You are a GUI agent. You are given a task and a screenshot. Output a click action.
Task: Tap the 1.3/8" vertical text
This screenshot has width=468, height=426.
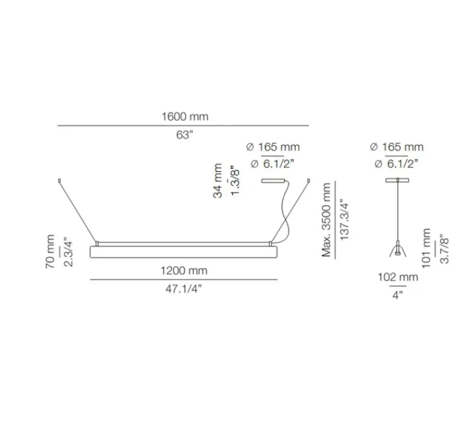click(236, 180)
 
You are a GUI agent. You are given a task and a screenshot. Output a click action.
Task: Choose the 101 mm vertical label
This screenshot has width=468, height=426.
click(427, 248)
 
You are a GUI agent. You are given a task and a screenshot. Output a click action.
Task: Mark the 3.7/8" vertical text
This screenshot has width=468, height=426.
click(444, 248)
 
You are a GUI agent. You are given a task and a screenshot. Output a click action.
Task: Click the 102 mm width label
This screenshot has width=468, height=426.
click(398, 278)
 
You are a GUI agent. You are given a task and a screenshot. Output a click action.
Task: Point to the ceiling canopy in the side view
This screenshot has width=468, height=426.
click(397, 180)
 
